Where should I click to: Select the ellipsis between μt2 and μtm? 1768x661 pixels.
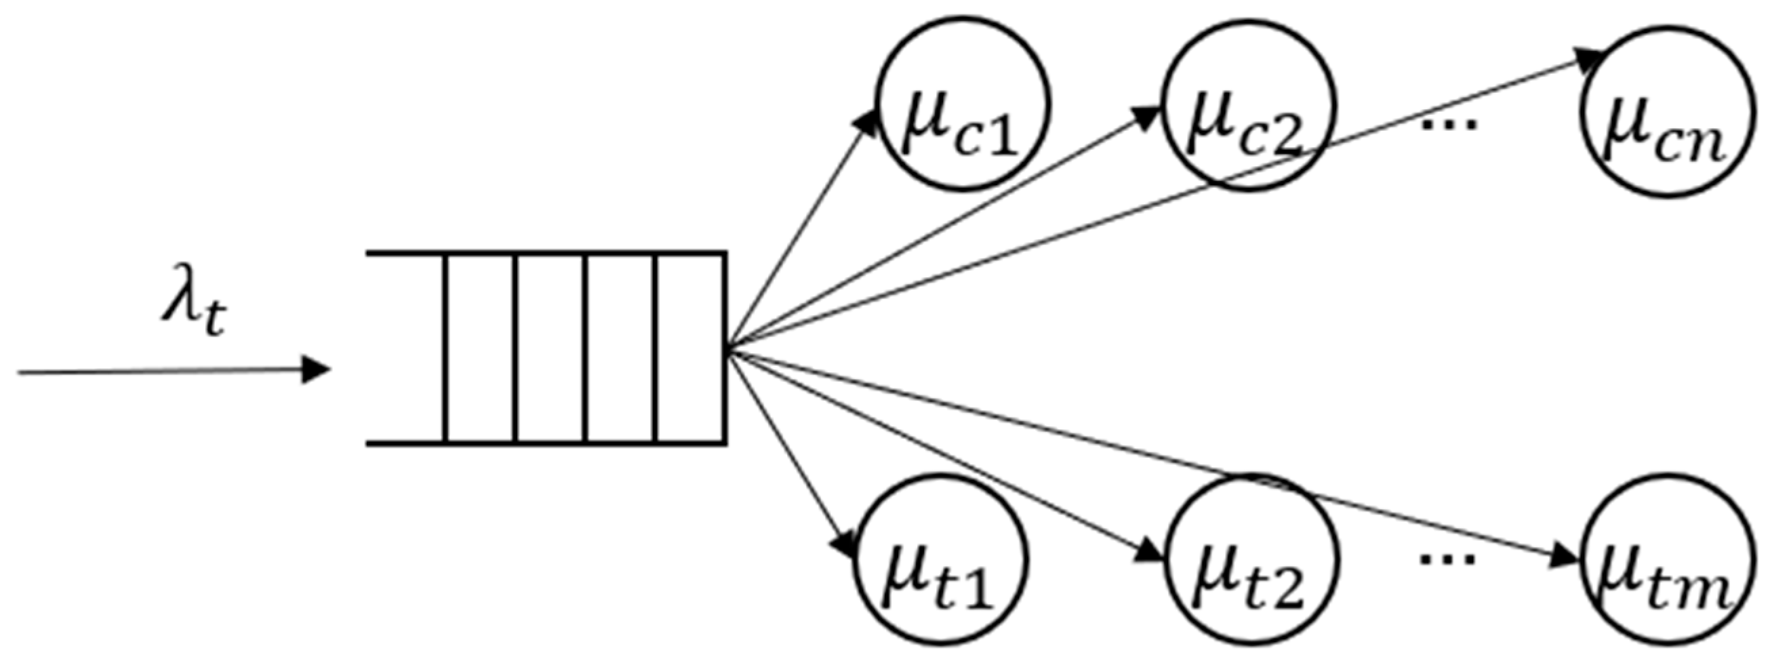point(1447,558)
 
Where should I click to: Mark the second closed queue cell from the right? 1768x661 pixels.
point(621,348)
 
